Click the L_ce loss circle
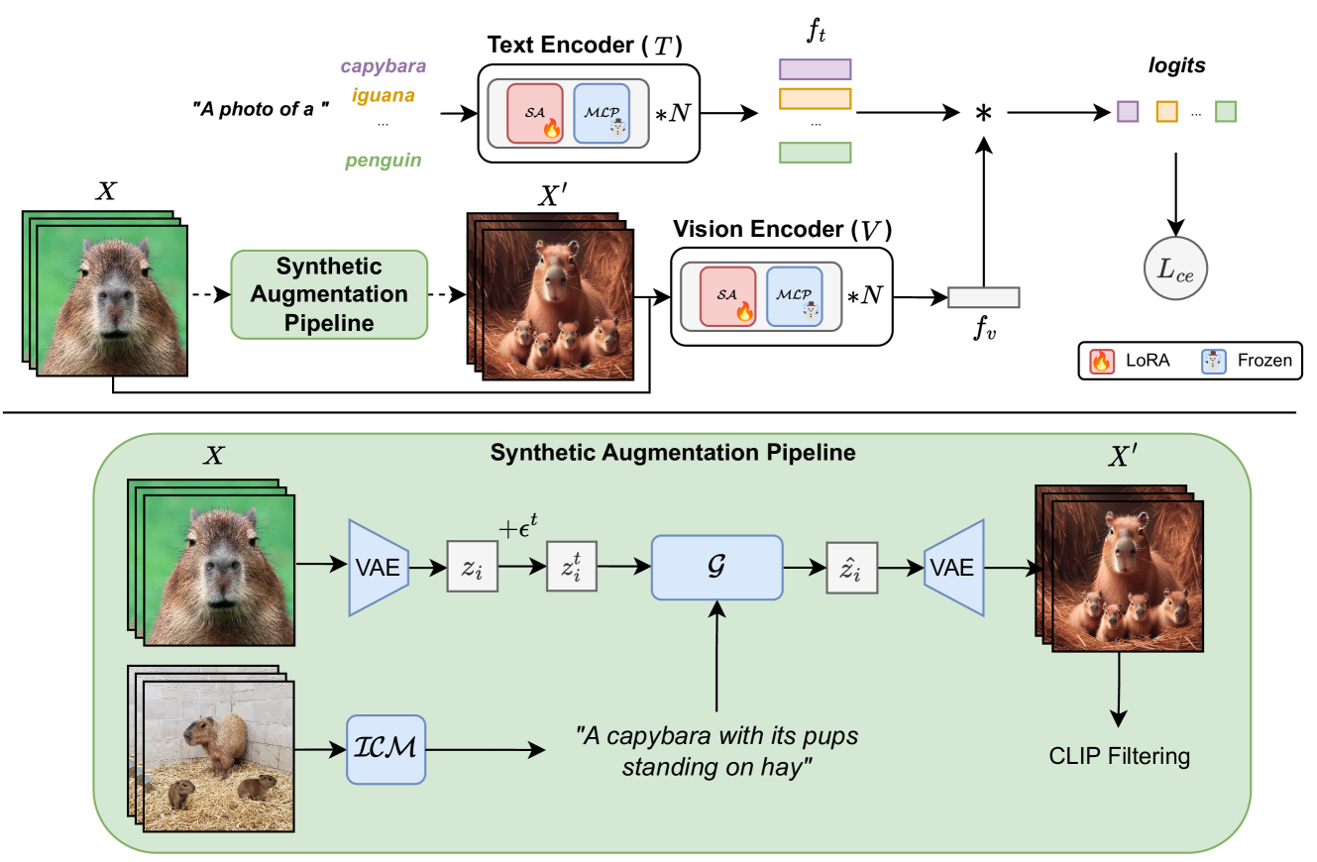tap(1176, 269)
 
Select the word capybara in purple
tap(383, 67)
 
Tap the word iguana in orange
tap(383, 97)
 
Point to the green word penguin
tap(383, 160)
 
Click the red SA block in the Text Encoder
tap(535, 113)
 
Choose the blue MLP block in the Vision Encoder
tap(794, 295)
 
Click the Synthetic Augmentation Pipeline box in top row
tap(329, 294)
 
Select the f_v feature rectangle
tap(983, 296)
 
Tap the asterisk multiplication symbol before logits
tap(983, 114)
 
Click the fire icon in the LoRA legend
tap(1100, 361)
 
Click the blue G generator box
tap(716, 568)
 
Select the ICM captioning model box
tap(385, 748)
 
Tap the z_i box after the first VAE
tap(472, 568)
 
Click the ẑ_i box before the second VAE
tap(851, 568)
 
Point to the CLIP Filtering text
tap(1119, 757)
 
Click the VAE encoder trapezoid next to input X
tap(379, 568)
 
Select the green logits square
tap(1226, 112)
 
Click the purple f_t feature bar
tap(815, 68)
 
